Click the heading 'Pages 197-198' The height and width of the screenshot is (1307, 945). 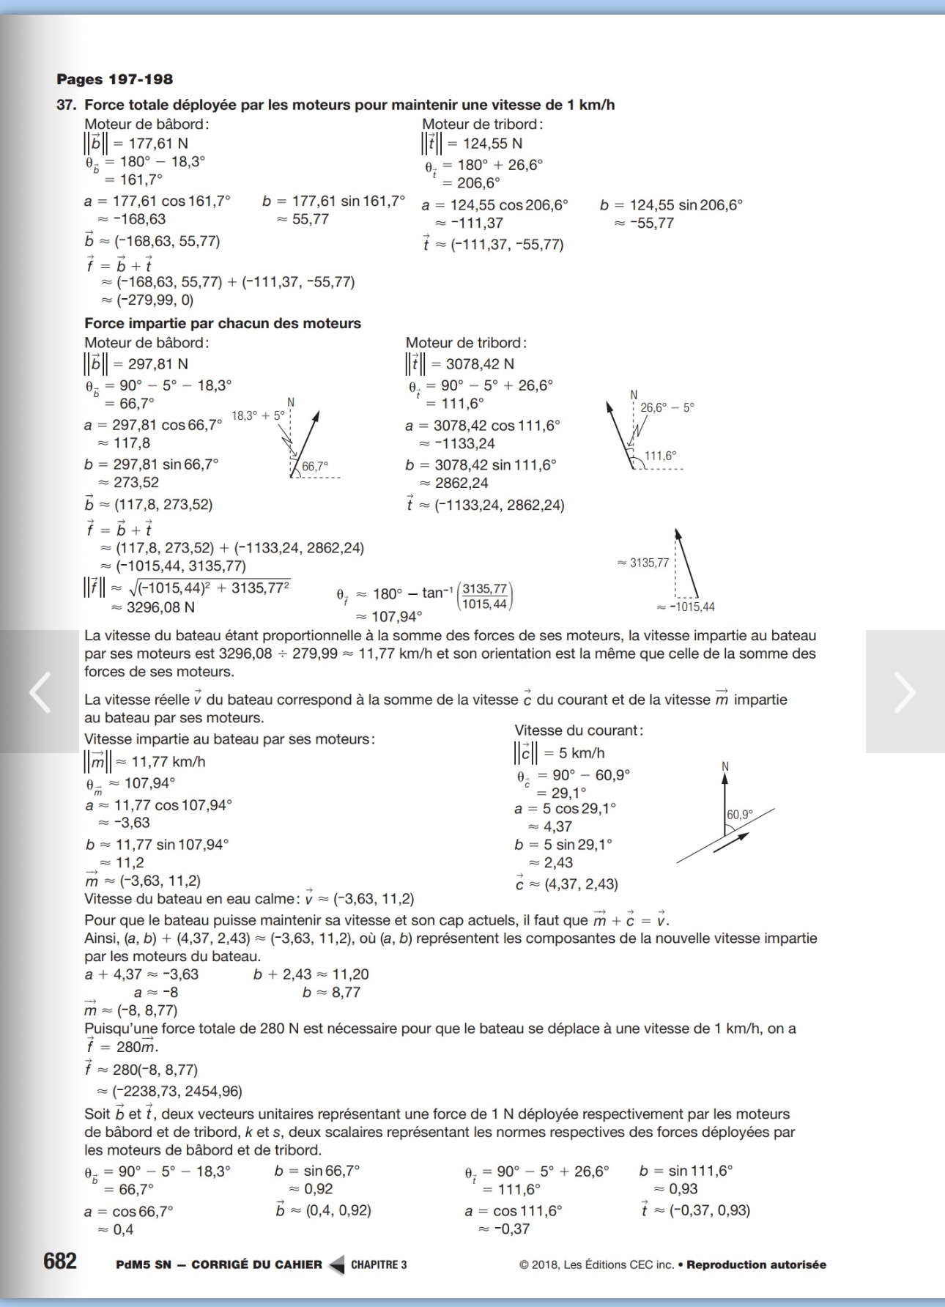pos(114,79)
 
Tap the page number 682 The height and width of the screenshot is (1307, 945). pos(60,1261)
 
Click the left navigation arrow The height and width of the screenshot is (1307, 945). pos(40,692)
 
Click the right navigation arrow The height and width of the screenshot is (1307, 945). pos(905,692)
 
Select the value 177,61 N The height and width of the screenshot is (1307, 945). pos(157,144)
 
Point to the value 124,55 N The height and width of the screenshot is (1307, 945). pos(492,144)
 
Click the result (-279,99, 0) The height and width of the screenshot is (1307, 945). pos(154,300)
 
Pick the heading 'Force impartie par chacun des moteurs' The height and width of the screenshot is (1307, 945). pos(223,323)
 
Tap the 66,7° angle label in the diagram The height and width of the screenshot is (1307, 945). pos(315,466)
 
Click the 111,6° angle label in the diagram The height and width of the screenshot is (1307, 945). pos(661,456)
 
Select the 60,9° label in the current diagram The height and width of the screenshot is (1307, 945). pos(740,815)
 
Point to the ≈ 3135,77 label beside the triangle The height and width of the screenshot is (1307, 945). pos(643,563)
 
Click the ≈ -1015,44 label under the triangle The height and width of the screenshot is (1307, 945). pos(686,607)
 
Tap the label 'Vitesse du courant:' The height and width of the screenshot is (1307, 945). pos(579,730)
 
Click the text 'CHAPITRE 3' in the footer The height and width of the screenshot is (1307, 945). pos(379,1265)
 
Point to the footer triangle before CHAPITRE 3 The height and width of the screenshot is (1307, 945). pos(337,1265)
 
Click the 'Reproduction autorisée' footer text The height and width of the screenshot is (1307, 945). pos(756,1265)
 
